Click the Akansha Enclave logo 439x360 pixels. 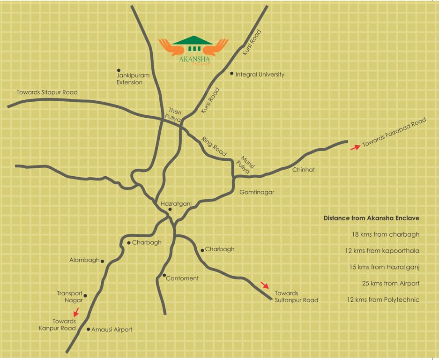point(193,50)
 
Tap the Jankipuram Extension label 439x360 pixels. point(129,78)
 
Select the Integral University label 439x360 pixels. point(260,75)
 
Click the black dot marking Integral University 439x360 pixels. point(231,74)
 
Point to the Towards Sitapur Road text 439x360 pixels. point(47,92)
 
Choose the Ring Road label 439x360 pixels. point(214,146)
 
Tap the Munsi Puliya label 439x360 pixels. point(246,165)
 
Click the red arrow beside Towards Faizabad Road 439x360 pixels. point(356,147)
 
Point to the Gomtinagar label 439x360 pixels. point(257,192)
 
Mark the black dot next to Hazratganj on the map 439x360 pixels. point(170,210)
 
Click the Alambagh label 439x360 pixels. point(84,260)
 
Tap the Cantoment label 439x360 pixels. point(183,278)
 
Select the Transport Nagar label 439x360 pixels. point(70,297)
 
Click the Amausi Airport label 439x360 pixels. point(112,330)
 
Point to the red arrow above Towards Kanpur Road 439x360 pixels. point(76,312)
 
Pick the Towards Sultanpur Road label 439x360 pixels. point(296,297)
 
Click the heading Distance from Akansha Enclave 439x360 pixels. point(371,218)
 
